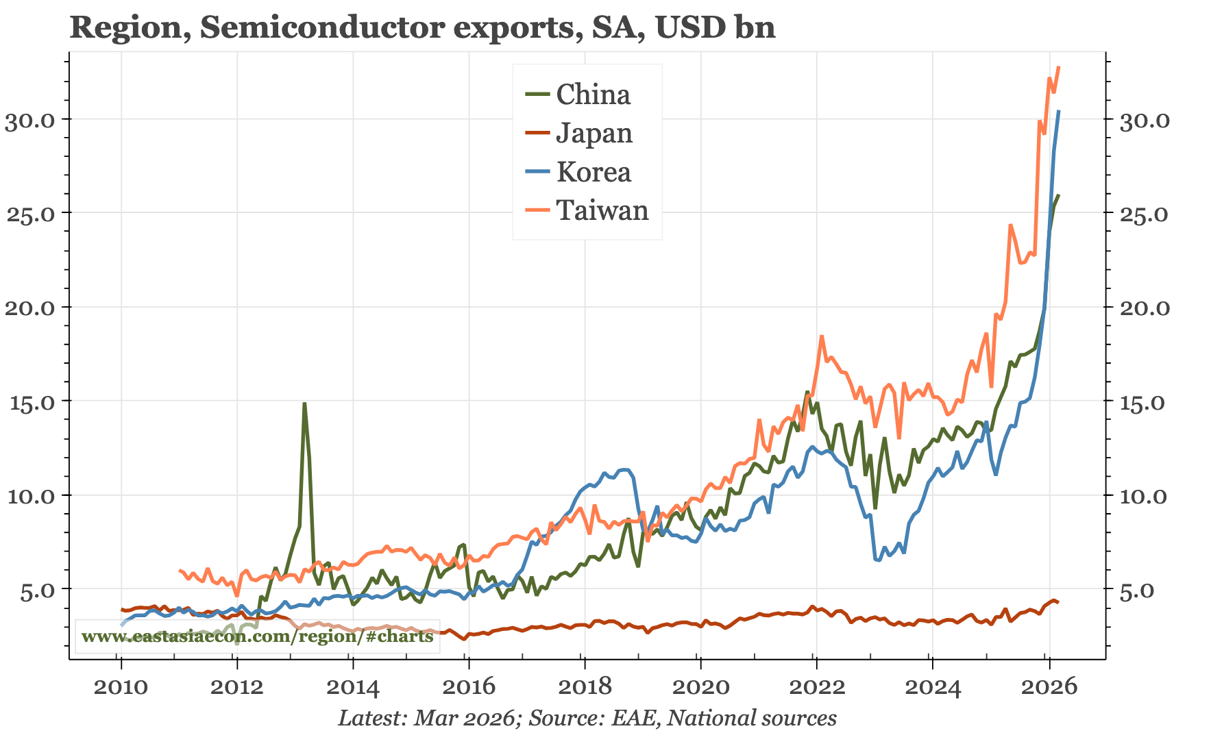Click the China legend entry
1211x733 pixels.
(x=592, y=95)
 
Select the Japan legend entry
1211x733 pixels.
(x=594, y=133)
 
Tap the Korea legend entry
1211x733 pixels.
(x=593, y=172)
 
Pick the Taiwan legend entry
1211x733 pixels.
(x=602, y=210)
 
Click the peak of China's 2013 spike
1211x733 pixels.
(x=304, y=403)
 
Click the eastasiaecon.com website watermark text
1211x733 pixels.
(x=257, y=636)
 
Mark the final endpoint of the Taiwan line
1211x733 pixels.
(x=1059, y=67)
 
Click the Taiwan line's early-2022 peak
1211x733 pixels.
(x=822, y=336)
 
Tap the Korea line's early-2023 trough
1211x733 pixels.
(x=878, y=560)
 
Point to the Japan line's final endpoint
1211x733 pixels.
(x=1059, y=602)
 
